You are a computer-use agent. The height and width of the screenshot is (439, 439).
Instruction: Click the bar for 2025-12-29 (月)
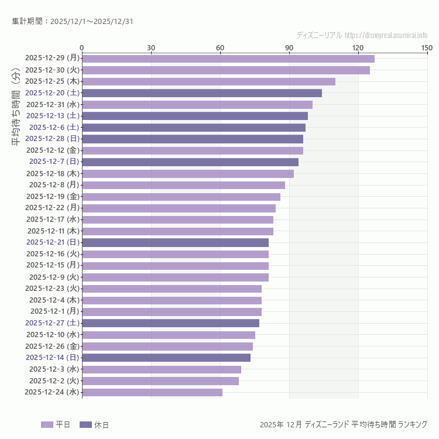[228, 59]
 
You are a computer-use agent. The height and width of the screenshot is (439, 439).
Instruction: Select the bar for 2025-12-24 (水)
[152, 392]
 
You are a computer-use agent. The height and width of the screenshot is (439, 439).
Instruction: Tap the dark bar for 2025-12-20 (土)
[202, 93]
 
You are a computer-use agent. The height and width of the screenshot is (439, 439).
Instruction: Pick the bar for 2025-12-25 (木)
[208, 81]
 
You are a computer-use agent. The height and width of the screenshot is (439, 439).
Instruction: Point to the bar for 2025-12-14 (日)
[166, 358]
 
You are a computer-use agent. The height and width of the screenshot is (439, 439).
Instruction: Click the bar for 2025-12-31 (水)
[197, 105]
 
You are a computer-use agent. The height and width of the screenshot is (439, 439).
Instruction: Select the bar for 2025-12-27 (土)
[170, 323]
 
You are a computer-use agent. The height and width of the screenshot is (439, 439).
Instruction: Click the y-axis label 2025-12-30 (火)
[53, 70]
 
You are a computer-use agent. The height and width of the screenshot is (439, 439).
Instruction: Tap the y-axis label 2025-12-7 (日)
[54, 162]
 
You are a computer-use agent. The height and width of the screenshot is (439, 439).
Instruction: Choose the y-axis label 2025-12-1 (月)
[54, 311]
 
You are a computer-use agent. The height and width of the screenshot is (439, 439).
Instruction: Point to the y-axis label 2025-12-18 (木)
[53, 173]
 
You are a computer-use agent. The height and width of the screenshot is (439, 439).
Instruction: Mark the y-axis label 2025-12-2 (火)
[54, 380]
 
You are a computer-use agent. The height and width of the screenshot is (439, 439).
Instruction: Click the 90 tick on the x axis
[289, 47]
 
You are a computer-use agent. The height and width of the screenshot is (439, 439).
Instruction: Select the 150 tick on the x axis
[427, 47]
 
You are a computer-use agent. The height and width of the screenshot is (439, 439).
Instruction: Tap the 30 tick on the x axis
[151, 47]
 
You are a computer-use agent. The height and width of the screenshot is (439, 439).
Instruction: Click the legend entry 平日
[56, 424]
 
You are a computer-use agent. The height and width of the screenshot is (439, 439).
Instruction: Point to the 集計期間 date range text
[73, 22]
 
